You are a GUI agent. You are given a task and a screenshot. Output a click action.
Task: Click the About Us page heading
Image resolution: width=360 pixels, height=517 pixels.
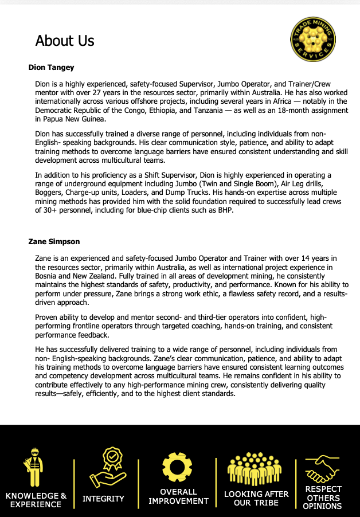pyautogui.click(x=65, y=41)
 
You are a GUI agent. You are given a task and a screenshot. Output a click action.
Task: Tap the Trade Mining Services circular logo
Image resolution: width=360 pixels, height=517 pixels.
pyautogui.click(x=313, y=39)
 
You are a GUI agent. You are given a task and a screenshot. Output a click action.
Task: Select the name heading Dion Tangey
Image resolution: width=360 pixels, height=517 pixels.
pyautogui.click(x=52, y=68)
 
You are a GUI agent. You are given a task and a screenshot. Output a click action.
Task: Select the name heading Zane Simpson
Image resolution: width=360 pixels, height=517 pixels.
pyautogui.click(x=54, y=242)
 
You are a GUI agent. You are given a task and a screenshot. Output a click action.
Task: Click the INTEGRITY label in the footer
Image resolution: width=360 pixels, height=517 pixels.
pyautogui.click(x=103, y=499)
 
